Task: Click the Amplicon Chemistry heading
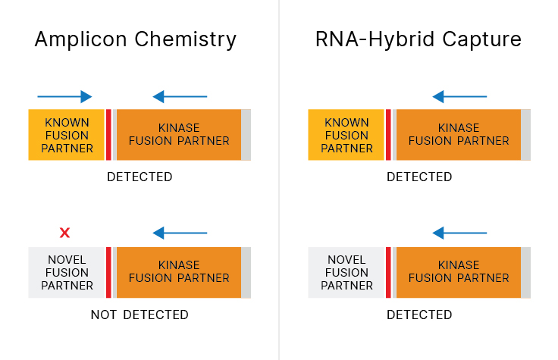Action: click(136, 39)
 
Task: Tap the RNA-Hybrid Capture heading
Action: click(418, 39)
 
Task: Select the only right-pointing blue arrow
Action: click(64, 96)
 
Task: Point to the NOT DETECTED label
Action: click(139, 315)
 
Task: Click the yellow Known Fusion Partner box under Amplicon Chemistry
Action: click(67, 135)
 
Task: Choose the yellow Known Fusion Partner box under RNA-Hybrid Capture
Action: click(346, 135)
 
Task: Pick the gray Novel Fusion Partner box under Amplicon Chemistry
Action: click(67, 273)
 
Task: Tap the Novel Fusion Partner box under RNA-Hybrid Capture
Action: click(346, 273)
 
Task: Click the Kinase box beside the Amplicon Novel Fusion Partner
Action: click(179, 272)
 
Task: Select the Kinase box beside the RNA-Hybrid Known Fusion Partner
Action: click(459, 135)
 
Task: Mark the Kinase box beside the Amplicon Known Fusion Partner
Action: click(179, 135)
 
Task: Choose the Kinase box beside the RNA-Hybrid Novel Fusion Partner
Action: click(459, 272)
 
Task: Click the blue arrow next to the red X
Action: click(180, 233)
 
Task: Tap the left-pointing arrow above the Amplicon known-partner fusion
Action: click(180, 96)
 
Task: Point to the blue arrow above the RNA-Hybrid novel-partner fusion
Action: click(459, 233)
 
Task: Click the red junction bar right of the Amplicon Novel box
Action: click(109, 272)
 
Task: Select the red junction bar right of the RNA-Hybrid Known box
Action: click(389, 135)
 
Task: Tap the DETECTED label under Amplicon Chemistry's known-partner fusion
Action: click(139, 177)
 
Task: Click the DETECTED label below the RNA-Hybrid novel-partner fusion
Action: click(419, 315)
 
